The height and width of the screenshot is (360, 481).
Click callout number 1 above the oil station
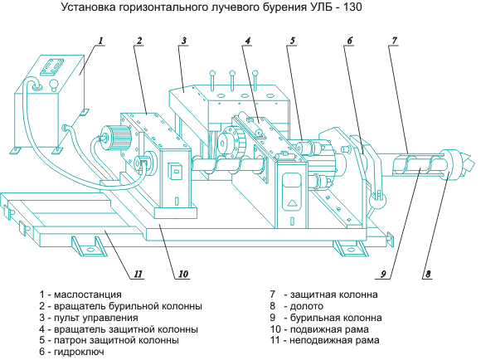pos(101,40)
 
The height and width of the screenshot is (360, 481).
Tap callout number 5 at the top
pos(293,40)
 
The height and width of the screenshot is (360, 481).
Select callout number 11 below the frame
pos(138,274)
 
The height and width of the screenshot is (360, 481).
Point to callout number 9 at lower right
pos(383,274)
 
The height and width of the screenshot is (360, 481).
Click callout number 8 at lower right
pos(428,274)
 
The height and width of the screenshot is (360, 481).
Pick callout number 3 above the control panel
pos(184,40)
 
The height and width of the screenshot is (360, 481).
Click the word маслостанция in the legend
pos(88,294)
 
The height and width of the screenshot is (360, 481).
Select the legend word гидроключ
pos(79,352)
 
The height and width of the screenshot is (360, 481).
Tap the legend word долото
pos(307,306)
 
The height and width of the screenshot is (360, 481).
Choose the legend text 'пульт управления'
pos(96,318)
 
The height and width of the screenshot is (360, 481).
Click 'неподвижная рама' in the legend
pos(334,340)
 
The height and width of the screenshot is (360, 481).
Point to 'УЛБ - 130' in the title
pos(334,7)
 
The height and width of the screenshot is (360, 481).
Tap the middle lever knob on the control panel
pos(232,73)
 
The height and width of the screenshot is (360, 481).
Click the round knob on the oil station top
pos(54,84)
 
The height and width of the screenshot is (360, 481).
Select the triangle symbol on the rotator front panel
pos(293,203)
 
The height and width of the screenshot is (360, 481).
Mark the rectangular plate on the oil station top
pos(52,66)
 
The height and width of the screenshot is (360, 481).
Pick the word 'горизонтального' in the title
pos(163,7)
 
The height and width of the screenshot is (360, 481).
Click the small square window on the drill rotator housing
pos(176,171)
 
